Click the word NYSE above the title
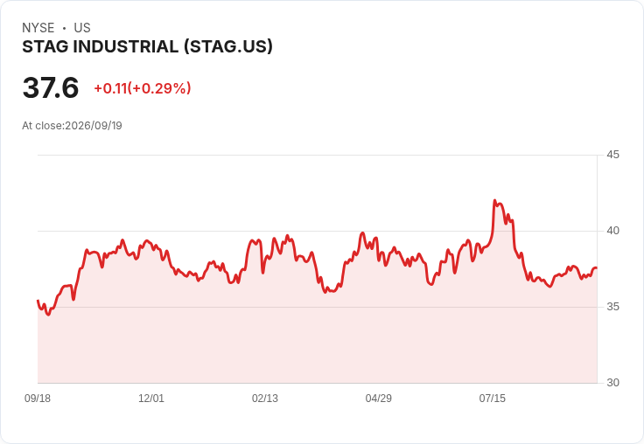38,28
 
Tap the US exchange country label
82,28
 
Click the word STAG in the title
45,47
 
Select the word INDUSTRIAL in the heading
126,47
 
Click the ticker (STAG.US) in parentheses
228,47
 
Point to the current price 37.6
51,87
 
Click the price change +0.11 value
110,88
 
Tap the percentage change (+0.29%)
159,88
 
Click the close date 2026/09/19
94,126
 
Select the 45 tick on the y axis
612,155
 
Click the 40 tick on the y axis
612,231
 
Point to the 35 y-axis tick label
612,307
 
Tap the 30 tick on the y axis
612,383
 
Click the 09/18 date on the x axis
38,399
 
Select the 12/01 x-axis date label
151,399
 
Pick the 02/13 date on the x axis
265,399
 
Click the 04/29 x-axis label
379,399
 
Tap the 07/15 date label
493,399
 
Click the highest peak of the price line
495,200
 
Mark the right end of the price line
597,268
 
